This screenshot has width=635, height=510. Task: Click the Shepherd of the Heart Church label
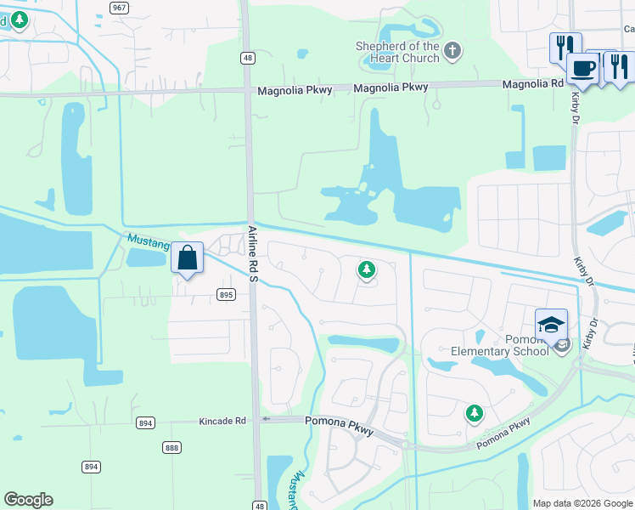(397, 52)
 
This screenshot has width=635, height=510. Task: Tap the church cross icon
(452, 51)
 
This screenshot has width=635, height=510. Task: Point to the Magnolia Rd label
(532, 84)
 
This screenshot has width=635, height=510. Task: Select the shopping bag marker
(187, 258)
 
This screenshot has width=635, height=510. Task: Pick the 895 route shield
(225, 295)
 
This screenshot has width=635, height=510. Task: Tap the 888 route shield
(172, 448)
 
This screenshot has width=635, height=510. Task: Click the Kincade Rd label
(222, 421)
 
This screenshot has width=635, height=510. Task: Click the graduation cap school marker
(550, 325)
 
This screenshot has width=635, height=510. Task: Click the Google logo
(29, 500)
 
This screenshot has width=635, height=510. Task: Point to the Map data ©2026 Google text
(582, 503)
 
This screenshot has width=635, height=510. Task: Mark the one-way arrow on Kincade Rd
(266, 418)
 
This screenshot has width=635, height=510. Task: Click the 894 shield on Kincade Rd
(144, 422)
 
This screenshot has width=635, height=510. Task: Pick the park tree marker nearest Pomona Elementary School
(474, 414)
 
